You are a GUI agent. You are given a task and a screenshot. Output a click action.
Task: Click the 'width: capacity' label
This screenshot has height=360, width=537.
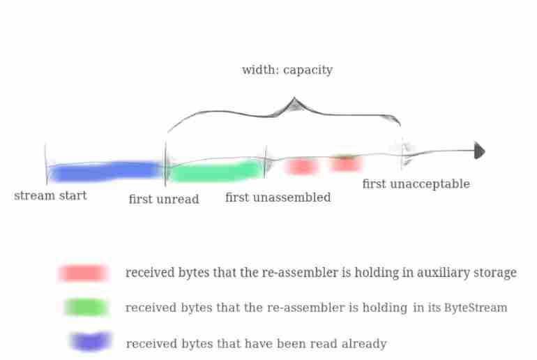287,70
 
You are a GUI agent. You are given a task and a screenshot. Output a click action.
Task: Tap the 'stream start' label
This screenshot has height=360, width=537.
50,196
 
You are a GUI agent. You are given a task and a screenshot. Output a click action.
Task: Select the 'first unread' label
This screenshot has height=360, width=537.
164,200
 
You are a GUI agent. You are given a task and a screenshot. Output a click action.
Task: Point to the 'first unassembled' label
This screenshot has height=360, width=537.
278,198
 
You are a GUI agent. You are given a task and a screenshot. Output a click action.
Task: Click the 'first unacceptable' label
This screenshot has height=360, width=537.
416,184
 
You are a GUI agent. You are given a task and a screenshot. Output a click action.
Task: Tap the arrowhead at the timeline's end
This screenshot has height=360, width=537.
479,151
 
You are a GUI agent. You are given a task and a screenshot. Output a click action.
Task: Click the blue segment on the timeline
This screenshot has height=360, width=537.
105,171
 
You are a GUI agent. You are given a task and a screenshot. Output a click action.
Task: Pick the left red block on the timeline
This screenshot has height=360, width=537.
301,166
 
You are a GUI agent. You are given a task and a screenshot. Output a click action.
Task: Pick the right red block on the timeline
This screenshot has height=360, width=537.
345,164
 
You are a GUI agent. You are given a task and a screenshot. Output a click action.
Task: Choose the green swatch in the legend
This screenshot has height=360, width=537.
85,307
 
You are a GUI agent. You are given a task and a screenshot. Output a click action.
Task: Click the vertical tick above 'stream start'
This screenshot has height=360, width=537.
46,164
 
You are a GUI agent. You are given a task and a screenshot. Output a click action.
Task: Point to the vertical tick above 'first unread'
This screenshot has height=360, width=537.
165,164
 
